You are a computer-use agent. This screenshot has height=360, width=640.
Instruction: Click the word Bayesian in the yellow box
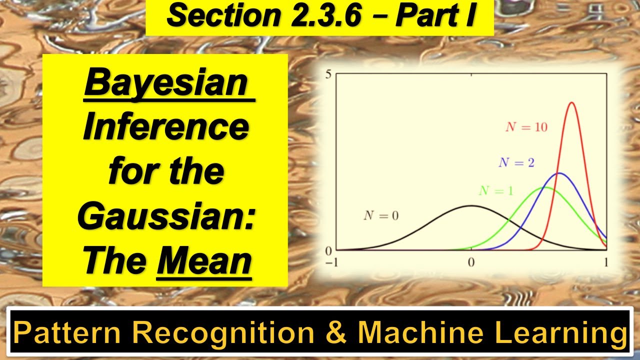tap(166, 83)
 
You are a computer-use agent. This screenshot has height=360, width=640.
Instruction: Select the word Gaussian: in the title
tap(166, 216)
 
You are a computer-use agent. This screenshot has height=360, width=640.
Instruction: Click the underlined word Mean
tap(203, 261)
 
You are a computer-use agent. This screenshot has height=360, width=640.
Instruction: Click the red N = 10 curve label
tap(526, 127)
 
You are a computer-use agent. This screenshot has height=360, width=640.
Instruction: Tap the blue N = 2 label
tap(516, 163)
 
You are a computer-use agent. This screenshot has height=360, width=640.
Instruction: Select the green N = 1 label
tap(496, 191)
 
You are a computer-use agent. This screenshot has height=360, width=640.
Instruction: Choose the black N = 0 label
tap(381, 216)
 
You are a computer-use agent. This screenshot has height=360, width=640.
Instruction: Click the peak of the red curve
tap(571, 103)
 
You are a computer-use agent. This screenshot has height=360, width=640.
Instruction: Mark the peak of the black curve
tap(471, 205)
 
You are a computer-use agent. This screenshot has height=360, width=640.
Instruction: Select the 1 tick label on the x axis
tap(606, 263)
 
